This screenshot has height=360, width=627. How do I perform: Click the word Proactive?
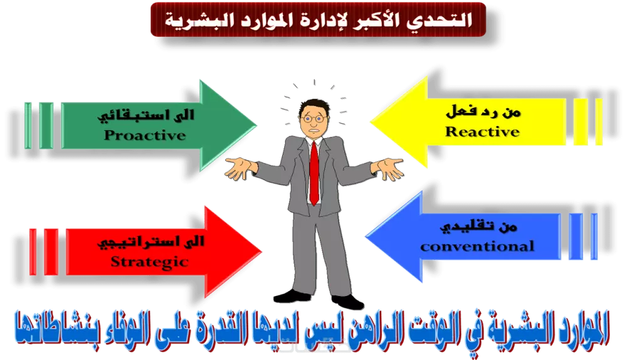[x=145, y=135]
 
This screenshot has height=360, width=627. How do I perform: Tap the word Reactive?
[x=482, y=132]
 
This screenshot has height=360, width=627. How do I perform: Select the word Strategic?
[x=149, y=262]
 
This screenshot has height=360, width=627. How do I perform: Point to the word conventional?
[x=477, y=246]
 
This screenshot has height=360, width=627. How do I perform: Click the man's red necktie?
[x=313, y=173]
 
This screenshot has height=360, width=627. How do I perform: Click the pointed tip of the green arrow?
[x=257, y=124]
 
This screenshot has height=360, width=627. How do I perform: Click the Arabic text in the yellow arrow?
[x=483, y=114]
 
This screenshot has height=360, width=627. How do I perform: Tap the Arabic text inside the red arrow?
[x=150, y=242]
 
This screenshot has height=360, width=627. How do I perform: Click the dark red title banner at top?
[x=319, y=19]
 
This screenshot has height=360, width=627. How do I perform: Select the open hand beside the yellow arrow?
[x=388, y=168]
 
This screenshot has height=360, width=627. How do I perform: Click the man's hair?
[x=312, y=102]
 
